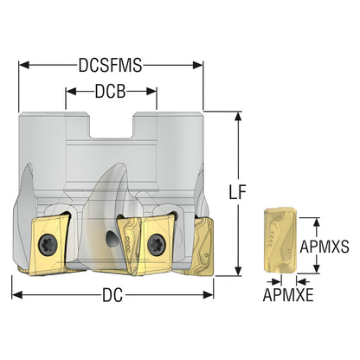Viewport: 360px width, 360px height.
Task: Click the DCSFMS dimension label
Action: [x=111, y=66]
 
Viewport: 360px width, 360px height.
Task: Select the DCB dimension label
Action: [x=111, y=92]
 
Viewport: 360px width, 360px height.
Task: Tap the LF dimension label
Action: [x=238, y=192]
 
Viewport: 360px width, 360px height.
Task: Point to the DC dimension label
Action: [x=112, y=295]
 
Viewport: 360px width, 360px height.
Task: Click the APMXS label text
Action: [x=325, y=247]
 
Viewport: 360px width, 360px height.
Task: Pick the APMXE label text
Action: [x=288, y=295]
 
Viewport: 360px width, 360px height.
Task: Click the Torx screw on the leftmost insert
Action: [x=48, y=245]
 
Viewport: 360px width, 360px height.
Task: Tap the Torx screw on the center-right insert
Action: [x=157, y=245]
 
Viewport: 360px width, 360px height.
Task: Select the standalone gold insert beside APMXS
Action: [x=280, y=241]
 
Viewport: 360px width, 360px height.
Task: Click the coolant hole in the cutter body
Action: [x=112, y=239]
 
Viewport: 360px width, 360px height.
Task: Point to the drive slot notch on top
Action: [x=112, y=125]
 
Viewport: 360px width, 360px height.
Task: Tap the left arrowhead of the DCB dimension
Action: [x=71, y=92]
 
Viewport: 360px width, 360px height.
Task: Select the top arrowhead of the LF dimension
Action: [x=238, y=117]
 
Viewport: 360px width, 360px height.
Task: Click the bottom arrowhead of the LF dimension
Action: [x=238, y=271]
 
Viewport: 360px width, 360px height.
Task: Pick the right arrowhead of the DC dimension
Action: [x=208, y=295]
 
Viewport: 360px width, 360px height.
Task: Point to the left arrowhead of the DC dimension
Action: [x=17, y=295]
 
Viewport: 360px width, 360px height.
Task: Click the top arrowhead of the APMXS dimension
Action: [x=317, y=222]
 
